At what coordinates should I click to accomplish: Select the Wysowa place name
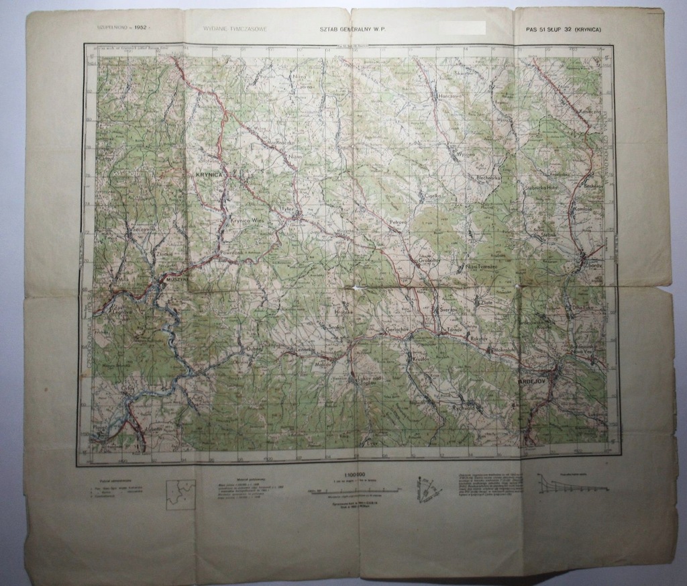[465, 153]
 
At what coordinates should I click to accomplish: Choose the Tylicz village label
[288, 209]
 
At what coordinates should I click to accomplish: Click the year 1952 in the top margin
[140, 28]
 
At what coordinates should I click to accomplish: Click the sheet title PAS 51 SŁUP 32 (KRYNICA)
[564, 30]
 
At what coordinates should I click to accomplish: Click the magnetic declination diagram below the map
[427, 489]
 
